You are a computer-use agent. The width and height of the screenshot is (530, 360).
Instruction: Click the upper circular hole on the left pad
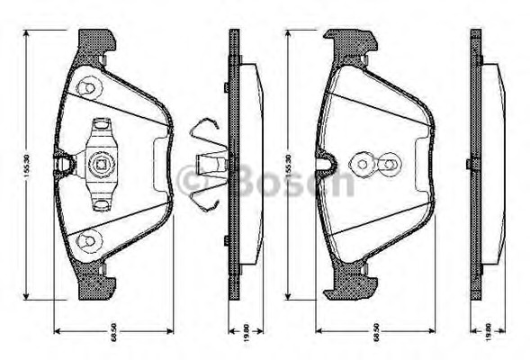tap(87, 88)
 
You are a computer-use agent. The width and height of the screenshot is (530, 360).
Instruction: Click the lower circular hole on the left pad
tap(87, 238)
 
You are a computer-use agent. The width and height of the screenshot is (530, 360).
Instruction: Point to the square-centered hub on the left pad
tap(100, 164)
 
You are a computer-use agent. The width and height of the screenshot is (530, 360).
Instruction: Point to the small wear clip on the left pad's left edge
tap(63, 164)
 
